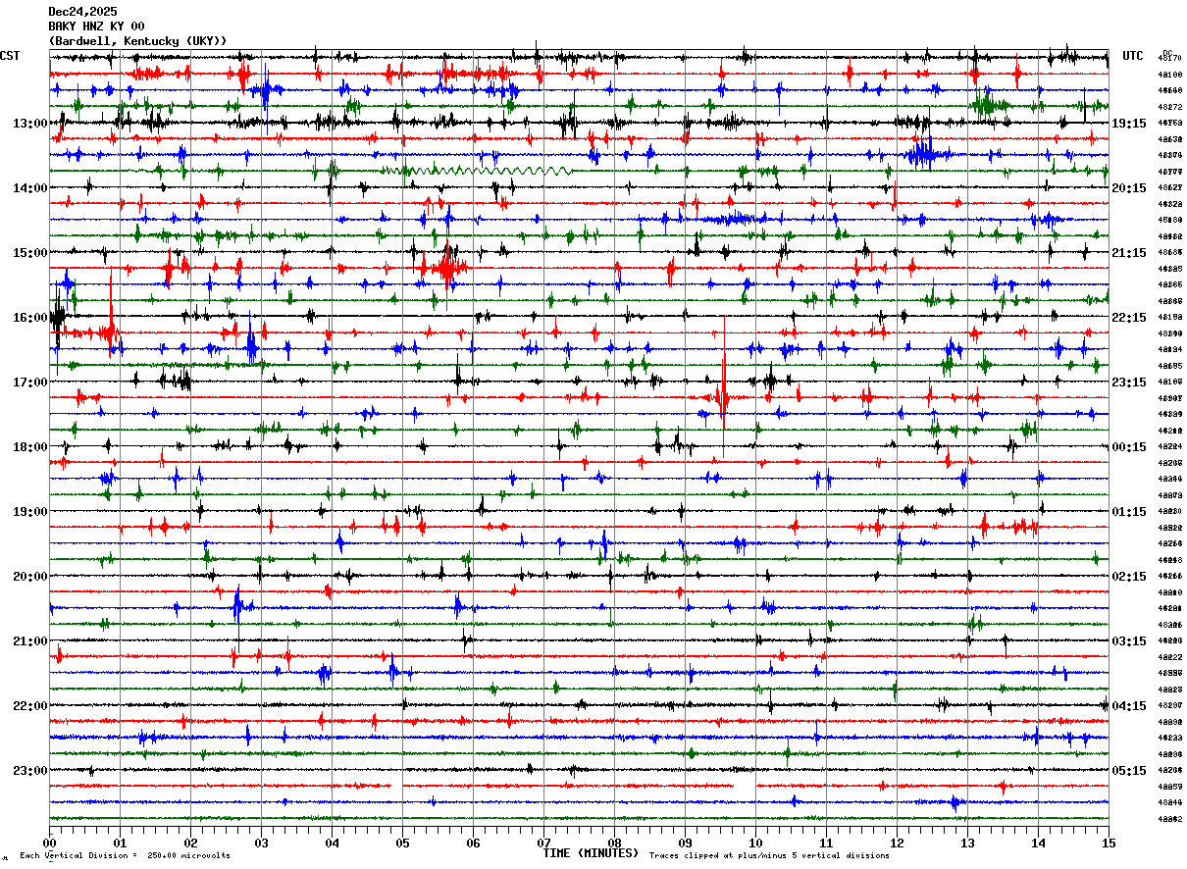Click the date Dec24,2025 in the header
[82, 12]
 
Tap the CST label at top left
[10, 56]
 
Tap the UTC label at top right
[1133, 56]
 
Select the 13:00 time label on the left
[29, 124]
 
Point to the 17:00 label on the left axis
[29, 383]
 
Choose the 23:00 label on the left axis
[29, 771]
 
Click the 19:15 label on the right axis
[1129, 124]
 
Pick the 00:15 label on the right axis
[1129, 447]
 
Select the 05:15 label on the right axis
[1129, 771]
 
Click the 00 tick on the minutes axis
[50, 843]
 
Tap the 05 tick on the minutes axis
[402, 843]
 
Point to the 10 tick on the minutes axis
[755, 843]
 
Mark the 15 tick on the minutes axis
[1108, 843]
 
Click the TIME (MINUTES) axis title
[590, 853]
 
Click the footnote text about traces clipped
[769, 856]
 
